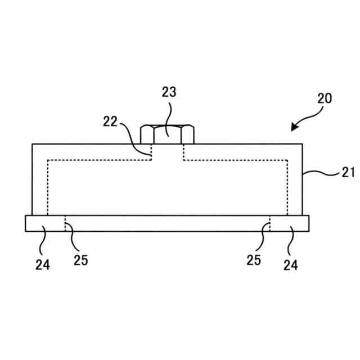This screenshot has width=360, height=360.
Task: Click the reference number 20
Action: pyautogui.click(x=324, y=98)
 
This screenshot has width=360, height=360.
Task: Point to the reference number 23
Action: pyautogui.click(x=169, y=93)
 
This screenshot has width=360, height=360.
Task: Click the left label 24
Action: pyautogui.click(x=43, y=263)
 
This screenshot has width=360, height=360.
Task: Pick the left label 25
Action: pyautogui.click(x=80, y=259)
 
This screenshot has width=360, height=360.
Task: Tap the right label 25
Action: pyautogui.click(x=254, y=259)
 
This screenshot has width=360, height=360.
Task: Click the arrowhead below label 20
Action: pyautogui.click(x=294, y=127)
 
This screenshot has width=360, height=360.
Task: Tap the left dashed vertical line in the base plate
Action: pyautogui.click(x=65, y=223)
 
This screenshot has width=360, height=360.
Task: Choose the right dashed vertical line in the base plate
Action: pyautogui.click(x=270, y=223)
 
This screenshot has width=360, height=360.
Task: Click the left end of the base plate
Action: pyautogui.click(x=27, y=223)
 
